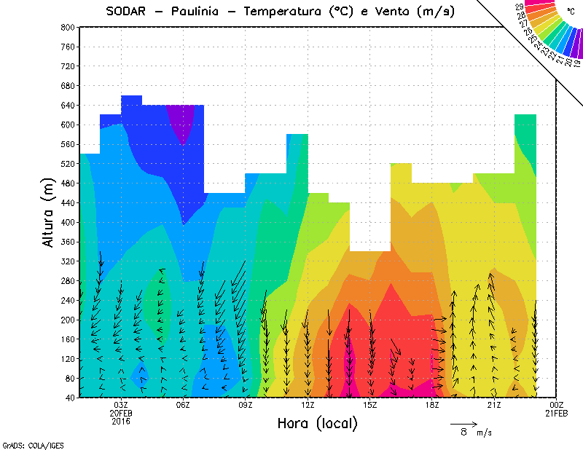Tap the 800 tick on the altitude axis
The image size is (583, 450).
[66, 27]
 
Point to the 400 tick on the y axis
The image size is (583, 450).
[66, 222]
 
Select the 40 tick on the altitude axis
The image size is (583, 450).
[69, 398]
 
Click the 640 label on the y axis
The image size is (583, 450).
[66, 105]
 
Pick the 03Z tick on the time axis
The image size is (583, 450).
[121, 405]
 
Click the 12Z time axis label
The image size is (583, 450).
[308, 405]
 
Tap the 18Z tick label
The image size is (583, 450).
[432, 405]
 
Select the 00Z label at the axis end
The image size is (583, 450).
[557, 405]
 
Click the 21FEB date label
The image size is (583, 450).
[557, 413]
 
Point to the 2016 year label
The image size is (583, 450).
[121, 421]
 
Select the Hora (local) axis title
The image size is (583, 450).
[318, 423]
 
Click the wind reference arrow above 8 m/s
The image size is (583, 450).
[463, 423]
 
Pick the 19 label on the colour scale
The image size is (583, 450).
[577, 63]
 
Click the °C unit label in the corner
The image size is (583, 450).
[571, 12]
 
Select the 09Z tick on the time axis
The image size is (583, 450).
[246, 405]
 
